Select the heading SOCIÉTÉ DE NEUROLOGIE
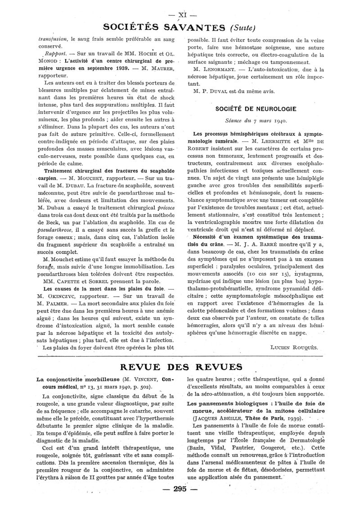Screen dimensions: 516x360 point(255,109)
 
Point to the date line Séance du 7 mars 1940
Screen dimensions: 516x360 point(255,121)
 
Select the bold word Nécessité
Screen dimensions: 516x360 point(207,235)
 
